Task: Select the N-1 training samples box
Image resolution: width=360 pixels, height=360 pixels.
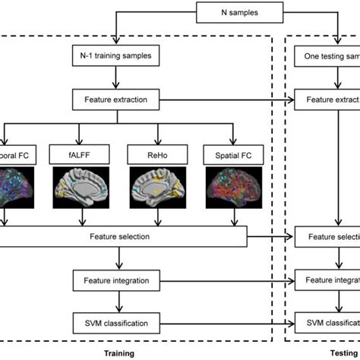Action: click(x=116, y=55)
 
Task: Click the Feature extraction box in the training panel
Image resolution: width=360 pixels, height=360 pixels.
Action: click(x=116, y=99)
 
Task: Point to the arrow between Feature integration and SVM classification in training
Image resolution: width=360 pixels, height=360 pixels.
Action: click(x=116, y=301)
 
